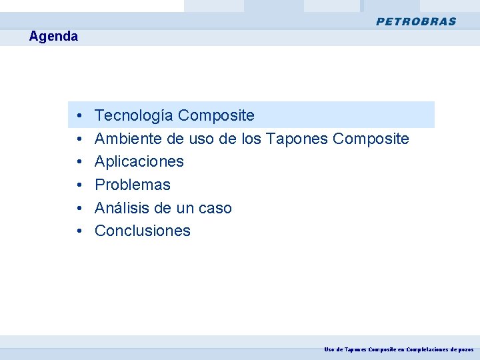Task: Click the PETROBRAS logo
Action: click(416, 21)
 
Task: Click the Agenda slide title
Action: click(53, 37)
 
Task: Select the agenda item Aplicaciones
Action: click(139, 161)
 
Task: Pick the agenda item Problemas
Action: click(133, 185)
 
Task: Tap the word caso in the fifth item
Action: click(215, 208)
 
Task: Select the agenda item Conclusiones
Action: click(143, 231)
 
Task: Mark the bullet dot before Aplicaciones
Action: click(79, 162)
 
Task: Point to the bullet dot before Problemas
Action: click(79, 185)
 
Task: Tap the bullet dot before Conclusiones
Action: click(79, 231)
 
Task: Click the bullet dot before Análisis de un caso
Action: click(79, 209)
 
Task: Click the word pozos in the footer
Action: click(465, 349)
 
